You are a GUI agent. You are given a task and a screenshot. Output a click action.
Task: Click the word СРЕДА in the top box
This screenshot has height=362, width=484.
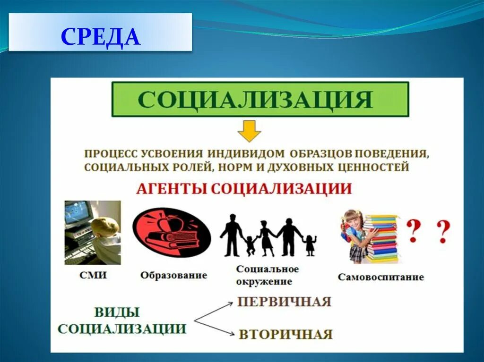[101, 37]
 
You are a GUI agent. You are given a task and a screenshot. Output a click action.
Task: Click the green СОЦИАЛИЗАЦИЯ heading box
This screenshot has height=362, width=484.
[260, 99]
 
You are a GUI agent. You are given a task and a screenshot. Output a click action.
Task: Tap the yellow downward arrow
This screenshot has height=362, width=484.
[249, 131]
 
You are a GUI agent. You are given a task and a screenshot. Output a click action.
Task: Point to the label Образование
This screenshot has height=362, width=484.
[173, 275]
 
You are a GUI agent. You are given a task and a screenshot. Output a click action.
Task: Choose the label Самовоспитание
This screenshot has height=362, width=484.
[380, 277]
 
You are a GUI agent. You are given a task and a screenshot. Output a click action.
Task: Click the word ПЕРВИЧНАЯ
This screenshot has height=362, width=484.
[284, 302]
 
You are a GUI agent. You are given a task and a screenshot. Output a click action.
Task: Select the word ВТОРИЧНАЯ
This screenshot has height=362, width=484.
[285, 334]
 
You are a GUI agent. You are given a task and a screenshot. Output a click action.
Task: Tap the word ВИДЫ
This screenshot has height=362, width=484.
[117, 312]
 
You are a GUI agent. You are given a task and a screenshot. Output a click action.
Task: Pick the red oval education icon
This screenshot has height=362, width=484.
[171, 232]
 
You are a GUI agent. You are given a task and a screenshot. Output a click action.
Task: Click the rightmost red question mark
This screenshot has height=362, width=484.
[443, 232]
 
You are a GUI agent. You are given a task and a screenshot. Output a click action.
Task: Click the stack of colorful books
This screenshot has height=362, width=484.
[382, 239]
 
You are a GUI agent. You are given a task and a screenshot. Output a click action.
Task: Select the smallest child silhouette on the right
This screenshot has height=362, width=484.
[310, 244]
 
